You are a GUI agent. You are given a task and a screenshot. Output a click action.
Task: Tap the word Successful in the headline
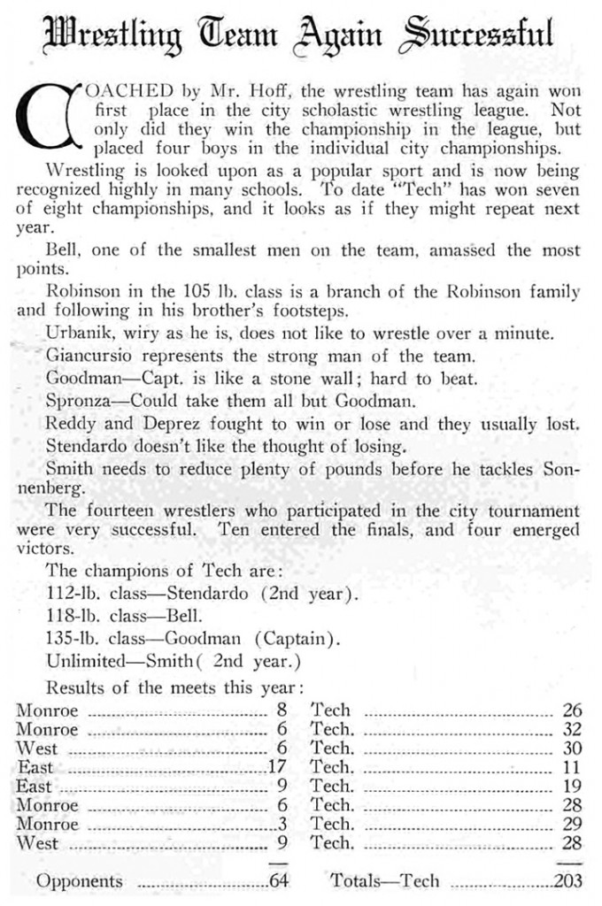pos(481,35)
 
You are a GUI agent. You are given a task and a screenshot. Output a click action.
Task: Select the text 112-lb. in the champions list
pos(73,593)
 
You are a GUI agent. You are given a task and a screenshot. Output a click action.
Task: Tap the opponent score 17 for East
pos(278,767)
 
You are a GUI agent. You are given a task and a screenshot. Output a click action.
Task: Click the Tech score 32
pos(572,729)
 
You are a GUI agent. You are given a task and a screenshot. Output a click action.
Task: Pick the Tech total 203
pos(567,881)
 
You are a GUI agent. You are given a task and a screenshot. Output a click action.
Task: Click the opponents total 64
pos(278,881)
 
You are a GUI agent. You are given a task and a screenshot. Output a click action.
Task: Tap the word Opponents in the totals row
pos(80,881)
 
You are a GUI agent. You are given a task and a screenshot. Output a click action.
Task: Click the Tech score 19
pos(572,787)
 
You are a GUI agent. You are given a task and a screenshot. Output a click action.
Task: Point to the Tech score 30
pos(572,749)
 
